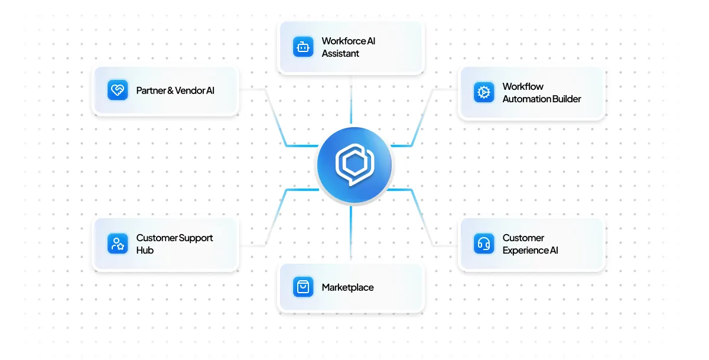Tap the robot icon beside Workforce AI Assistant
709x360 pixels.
303,47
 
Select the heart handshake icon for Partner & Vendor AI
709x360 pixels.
118,90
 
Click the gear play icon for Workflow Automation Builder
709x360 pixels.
484,92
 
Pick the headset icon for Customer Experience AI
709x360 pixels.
484,244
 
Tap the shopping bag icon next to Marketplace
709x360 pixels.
303,287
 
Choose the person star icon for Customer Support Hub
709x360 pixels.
118,244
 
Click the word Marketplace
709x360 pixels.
347,287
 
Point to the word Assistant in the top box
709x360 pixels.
340,53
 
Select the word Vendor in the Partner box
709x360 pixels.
190,90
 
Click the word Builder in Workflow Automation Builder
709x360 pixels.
567,99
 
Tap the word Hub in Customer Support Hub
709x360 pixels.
145,250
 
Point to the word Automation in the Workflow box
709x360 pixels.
526,99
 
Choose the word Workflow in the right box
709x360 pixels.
523,86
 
